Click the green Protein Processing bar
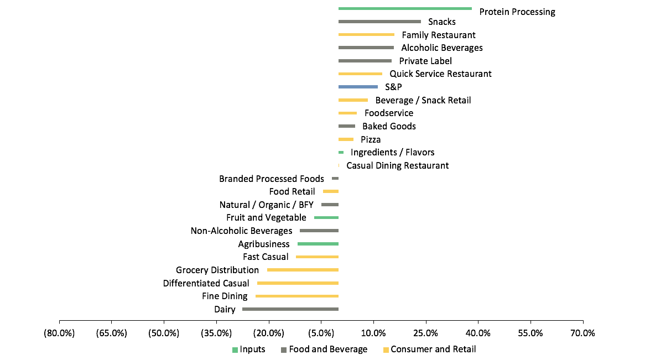pyautogui.click(x=405, y=9)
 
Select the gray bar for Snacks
pyautogui.click(x=379, y=22)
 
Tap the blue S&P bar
pyautogui.click(x=358, y=87)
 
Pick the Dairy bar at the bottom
pyautogui.click(x=290, y=309)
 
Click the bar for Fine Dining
pyautogui.click(x=297, y=296)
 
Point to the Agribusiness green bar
pyautogui.click(x=318, y=244)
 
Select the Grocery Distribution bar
pyautogui.click(x=303, y=270)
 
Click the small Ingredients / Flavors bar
pyautogui.click(x=341, y=153)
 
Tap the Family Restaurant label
pyautogui.click(x=439, y=35)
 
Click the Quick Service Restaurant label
pyautogui.click(x=440, y=74)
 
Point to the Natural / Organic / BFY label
pyautogui.click(x=267, y=205)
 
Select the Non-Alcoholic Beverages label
pyautogui.click(x=241, y=231)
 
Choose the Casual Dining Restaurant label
pyautogui.click(x=398, y=165)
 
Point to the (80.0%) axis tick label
pyautogui.click(x=59, y=333)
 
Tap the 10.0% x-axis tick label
pyautogui.click(x=373, y=333)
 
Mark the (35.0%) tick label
pyautogui.click(x=216, y=333)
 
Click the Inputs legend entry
pyautogui.click(x=248, y=349)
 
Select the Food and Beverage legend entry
pyautogui.click(x=324, y=349)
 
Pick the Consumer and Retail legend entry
pyautogui.click(x=430, y=349)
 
